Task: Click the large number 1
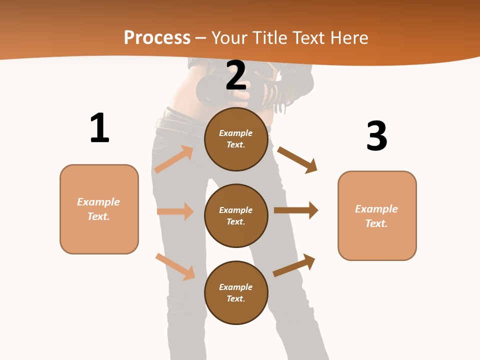click(99, 128)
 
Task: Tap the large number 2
click(236, 75)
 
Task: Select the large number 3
click(376, 136)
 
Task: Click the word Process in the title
click(157, 37)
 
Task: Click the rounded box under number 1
click(99, 209)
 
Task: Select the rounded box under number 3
click(377, 215)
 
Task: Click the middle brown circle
click(236, 215)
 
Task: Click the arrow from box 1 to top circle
click(174, 159)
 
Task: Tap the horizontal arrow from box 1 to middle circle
click(175, 211)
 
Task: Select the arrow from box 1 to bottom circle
click(175, 266)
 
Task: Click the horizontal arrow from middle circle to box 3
click(296, 210)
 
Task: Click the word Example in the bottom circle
click(236, 287)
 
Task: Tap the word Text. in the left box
click(98, 216)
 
